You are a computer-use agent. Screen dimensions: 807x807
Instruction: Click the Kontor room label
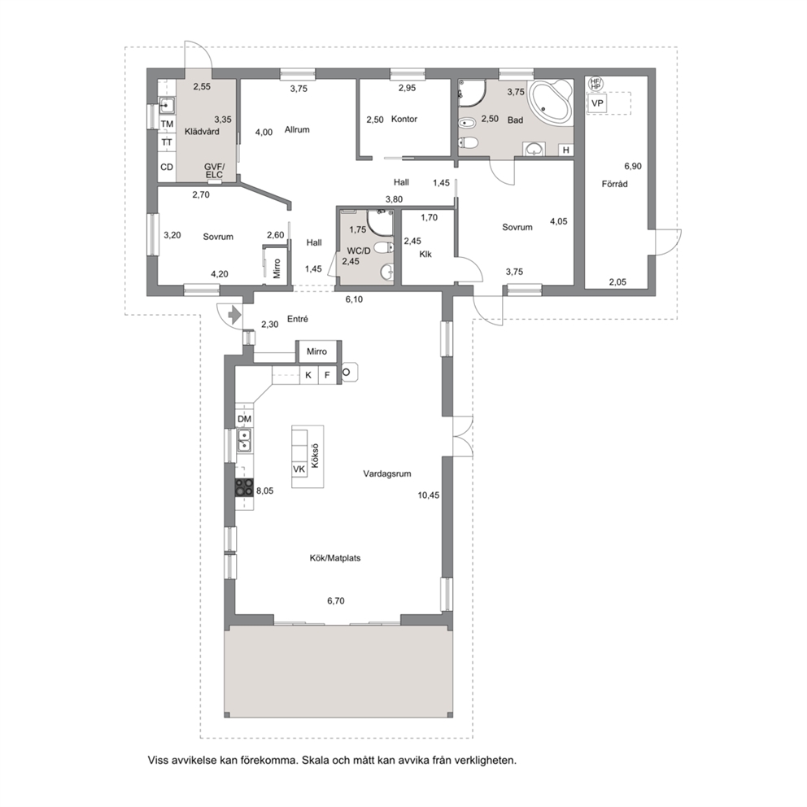404,119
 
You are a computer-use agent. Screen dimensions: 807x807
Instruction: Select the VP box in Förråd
597,103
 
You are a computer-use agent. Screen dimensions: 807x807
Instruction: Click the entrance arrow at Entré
234,315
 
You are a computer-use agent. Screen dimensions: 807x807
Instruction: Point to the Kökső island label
315,456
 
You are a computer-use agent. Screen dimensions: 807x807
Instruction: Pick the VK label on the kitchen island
299,469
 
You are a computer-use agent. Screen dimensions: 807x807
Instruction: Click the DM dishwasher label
244,420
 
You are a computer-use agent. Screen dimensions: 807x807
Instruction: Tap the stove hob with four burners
245,486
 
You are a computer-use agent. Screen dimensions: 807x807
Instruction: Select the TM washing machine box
167,124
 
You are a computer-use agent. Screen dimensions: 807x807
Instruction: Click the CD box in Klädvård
167,168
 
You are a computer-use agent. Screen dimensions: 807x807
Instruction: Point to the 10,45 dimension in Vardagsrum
428,495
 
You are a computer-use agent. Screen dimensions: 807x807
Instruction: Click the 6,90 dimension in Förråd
633,166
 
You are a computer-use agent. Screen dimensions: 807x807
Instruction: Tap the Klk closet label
425,255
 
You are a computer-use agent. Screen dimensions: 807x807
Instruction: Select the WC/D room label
359,251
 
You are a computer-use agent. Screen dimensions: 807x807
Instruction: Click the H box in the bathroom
566,150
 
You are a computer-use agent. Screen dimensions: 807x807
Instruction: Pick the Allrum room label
297,129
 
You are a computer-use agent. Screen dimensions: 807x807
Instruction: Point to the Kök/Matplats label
335,558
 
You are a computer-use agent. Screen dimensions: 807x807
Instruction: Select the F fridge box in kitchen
327,375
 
